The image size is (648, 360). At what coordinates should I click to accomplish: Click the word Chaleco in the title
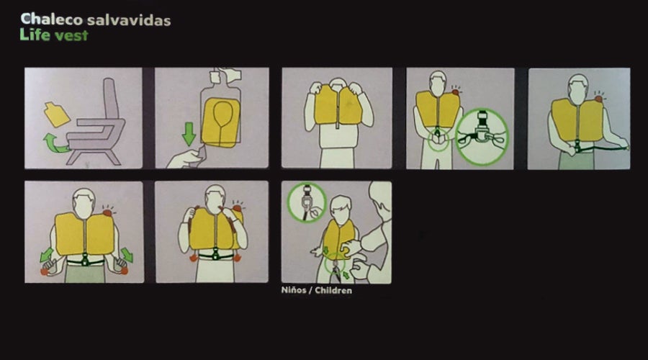tap(52, 19)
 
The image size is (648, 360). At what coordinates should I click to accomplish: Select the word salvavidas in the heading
tap(129, 20)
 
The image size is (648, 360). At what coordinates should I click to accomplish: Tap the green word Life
tap(35, 35)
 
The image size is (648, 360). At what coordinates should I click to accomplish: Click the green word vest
tap(71, 36)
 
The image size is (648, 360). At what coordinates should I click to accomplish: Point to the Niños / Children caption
tap(317, 290)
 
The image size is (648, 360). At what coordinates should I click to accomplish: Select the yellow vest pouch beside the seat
tap(57, 114)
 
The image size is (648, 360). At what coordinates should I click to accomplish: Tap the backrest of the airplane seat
tap(110, 99)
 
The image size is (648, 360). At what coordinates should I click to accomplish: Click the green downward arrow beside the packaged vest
tap(189, 133)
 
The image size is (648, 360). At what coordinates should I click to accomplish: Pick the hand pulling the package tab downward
tap(186, 158)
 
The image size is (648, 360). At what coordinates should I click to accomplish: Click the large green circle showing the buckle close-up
tap(482, 137)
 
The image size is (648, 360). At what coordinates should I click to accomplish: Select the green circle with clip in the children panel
tap(307, 202)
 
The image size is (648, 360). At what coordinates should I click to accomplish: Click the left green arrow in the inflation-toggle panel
tap(46, 255)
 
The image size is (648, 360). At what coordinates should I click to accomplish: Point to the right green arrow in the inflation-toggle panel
tap(127, 255)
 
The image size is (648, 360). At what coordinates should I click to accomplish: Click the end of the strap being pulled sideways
tap(626, 147)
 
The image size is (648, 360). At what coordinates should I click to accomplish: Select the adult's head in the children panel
tap(380, 199)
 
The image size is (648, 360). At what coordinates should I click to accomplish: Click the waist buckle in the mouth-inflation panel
tap(215, 254)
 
